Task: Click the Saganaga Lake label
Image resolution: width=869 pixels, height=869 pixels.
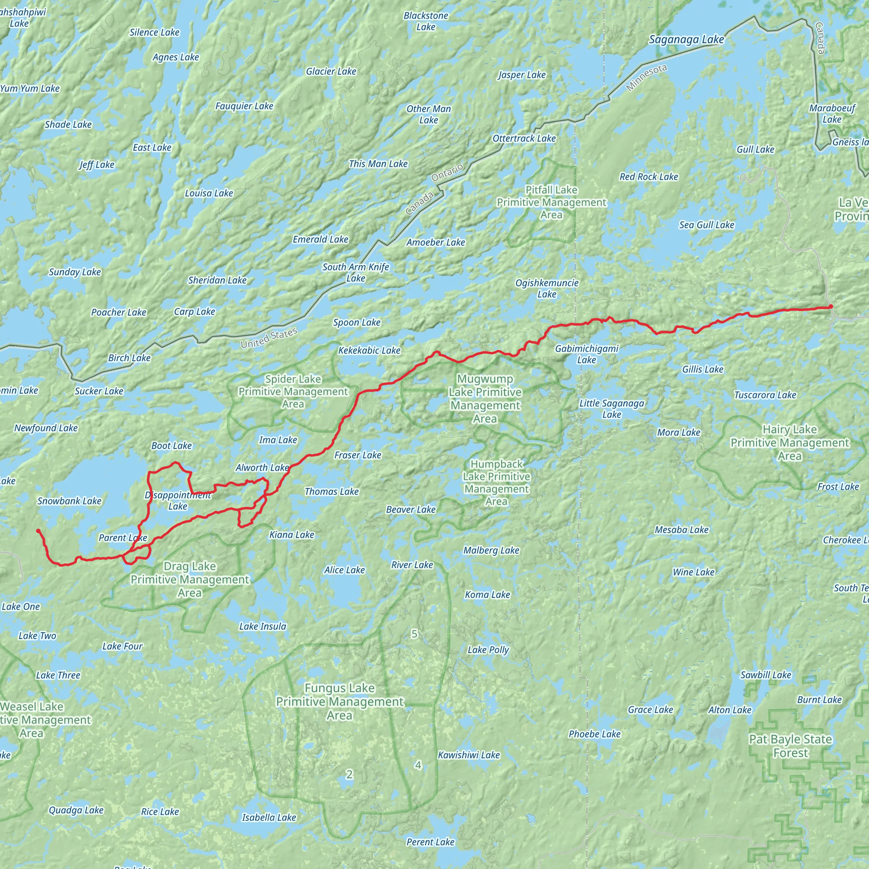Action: click(686, 40)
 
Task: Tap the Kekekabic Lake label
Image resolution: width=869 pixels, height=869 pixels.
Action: click(369, 350)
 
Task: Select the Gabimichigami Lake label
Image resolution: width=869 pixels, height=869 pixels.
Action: click(586, 354)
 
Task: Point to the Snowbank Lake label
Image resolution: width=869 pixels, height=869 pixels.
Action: click(69, 501)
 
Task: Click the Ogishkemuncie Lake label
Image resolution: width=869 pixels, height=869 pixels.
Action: click(547, 288)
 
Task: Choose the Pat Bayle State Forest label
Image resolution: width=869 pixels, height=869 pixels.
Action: click(790, 746)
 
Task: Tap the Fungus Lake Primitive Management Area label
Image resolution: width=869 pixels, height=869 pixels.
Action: click(339, 701)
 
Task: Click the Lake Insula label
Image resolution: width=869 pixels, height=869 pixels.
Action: click(263, 626)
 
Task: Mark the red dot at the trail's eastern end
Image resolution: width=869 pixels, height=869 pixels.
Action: click(831, 307)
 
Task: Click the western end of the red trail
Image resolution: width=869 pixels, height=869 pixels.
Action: click(38, 531)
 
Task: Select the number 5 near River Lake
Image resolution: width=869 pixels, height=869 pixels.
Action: click(414, 634)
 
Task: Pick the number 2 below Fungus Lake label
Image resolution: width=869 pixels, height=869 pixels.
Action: click(350, 774)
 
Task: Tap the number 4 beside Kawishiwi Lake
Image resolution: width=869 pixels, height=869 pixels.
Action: click(418, 765)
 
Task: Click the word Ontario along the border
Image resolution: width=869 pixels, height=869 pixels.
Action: click(447, 173)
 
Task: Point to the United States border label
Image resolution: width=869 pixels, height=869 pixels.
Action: click(269, 338)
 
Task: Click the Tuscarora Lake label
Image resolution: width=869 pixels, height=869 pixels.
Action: click(765, 395)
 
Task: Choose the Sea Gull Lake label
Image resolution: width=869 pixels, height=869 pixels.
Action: click(706, 225)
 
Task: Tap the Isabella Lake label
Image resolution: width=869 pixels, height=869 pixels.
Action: click(269, 817)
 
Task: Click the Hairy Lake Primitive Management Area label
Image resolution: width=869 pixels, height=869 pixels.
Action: click(789, 443)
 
